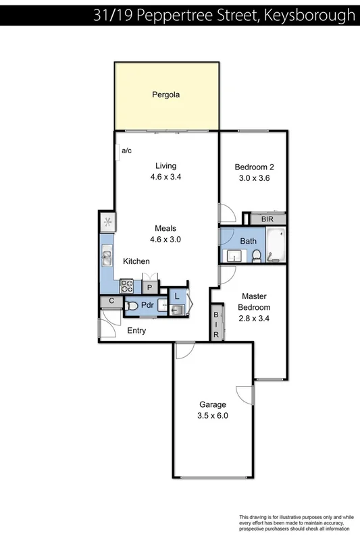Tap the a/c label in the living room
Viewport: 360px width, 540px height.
tap(126, 151)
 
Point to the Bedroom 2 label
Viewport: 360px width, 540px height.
tap(254, 167)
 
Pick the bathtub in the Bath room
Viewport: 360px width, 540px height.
tap(276, 245)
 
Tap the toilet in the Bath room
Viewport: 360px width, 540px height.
tap(257, 255)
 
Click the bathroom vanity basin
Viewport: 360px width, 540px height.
tap(232, 256)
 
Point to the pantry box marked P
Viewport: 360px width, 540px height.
tap(149, 286)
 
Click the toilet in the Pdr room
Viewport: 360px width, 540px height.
tap(132, 306)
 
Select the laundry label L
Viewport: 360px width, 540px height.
tap(177, 295)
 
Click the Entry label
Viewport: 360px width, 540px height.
tap(136, 331)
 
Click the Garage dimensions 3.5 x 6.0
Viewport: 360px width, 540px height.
tap(212, 416)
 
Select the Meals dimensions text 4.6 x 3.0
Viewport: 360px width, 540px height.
tap(165, 239)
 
